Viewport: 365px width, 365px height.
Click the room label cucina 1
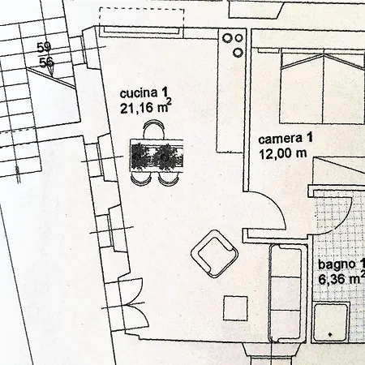(144, 92)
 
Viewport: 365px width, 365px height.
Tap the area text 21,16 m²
(146, 108)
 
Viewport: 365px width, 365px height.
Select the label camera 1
(286, 139)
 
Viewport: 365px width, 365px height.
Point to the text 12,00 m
(283, 153)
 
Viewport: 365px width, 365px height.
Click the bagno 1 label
(341, 264)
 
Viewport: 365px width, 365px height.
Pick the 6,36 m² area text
(341, 278)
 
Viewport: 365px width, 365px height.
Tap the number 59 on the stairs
(44, 48)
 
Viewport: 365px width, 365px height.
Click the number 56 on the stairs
(46, 63)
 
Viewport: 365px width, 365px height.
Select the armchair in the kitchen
(215, 254)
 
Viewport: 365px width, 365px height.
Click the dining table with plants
(157, 156)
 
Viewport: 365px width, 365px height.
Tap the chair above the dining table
(153, 130)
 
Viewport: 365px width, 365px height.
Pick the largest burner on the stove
(226, 38)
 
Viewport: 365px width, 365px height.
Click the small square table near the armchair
(235, 308)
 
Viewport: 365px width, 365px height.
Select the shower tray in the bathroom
(331, 322)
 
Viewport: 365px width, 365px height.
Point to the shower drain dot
(330, 335)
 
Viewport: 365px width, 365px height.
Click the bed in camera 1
(323, 87)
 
